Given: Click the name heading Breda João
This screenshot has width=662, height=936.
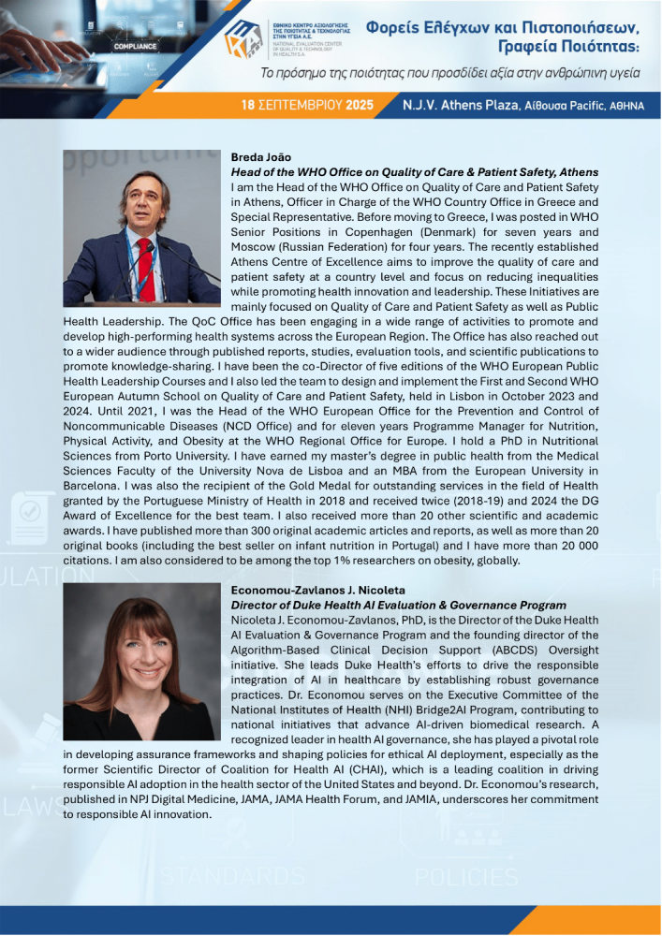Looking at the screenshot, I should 260,157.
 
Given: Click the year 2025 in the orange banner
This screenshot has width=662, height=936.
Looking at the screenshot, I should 359,106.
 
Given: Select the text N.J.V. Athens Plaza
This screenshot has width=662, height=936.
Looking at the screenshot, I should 459,106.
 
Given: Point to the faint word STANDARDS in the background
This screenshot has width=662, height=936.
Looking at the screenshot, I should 231,877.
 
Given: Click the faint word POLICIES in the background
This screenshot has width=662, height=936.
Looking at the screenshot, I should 465,877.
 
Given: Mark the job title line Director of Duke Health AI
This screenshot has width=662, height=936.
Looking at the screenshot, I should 398,606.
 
